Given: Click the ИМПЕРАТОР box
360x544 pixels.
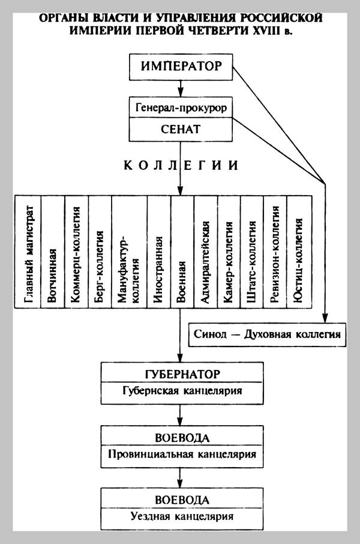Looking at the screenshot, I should [181, 67].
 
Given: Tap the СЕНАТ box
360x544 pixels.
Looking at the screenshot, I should [181, 129].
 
